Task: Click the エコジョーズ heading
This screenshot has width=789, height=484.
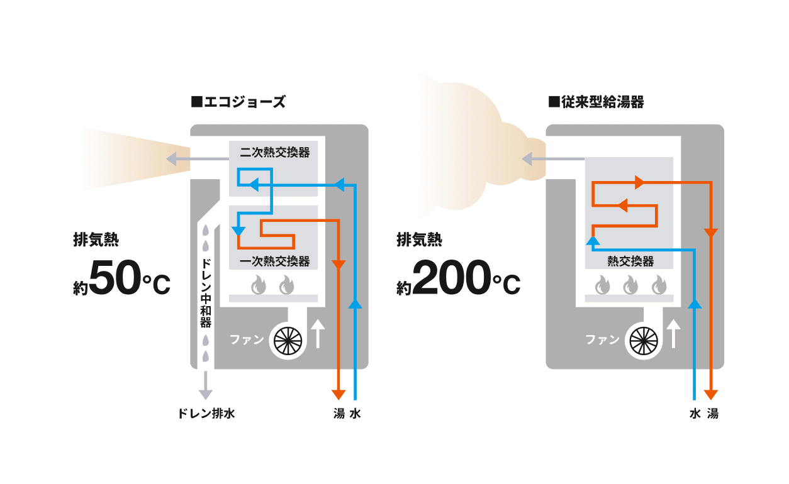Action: tap(238, 102)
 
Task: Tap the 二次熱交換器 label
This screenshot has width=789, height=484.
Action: tap(275, 152)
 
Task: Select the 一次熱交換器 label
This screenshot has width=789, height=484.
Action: tap(275, 260)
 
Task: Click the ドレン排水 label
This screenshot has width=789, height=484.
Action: tap(206, 414)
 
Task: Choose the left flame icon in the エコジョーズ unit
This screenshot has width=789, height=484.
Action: tap(259, 286)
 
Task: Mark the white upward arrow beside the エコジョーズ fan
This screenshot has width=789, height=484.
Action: tap(318, 334)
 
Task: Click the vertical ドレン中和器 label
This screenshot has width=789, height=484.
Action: tap(205, 292)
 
